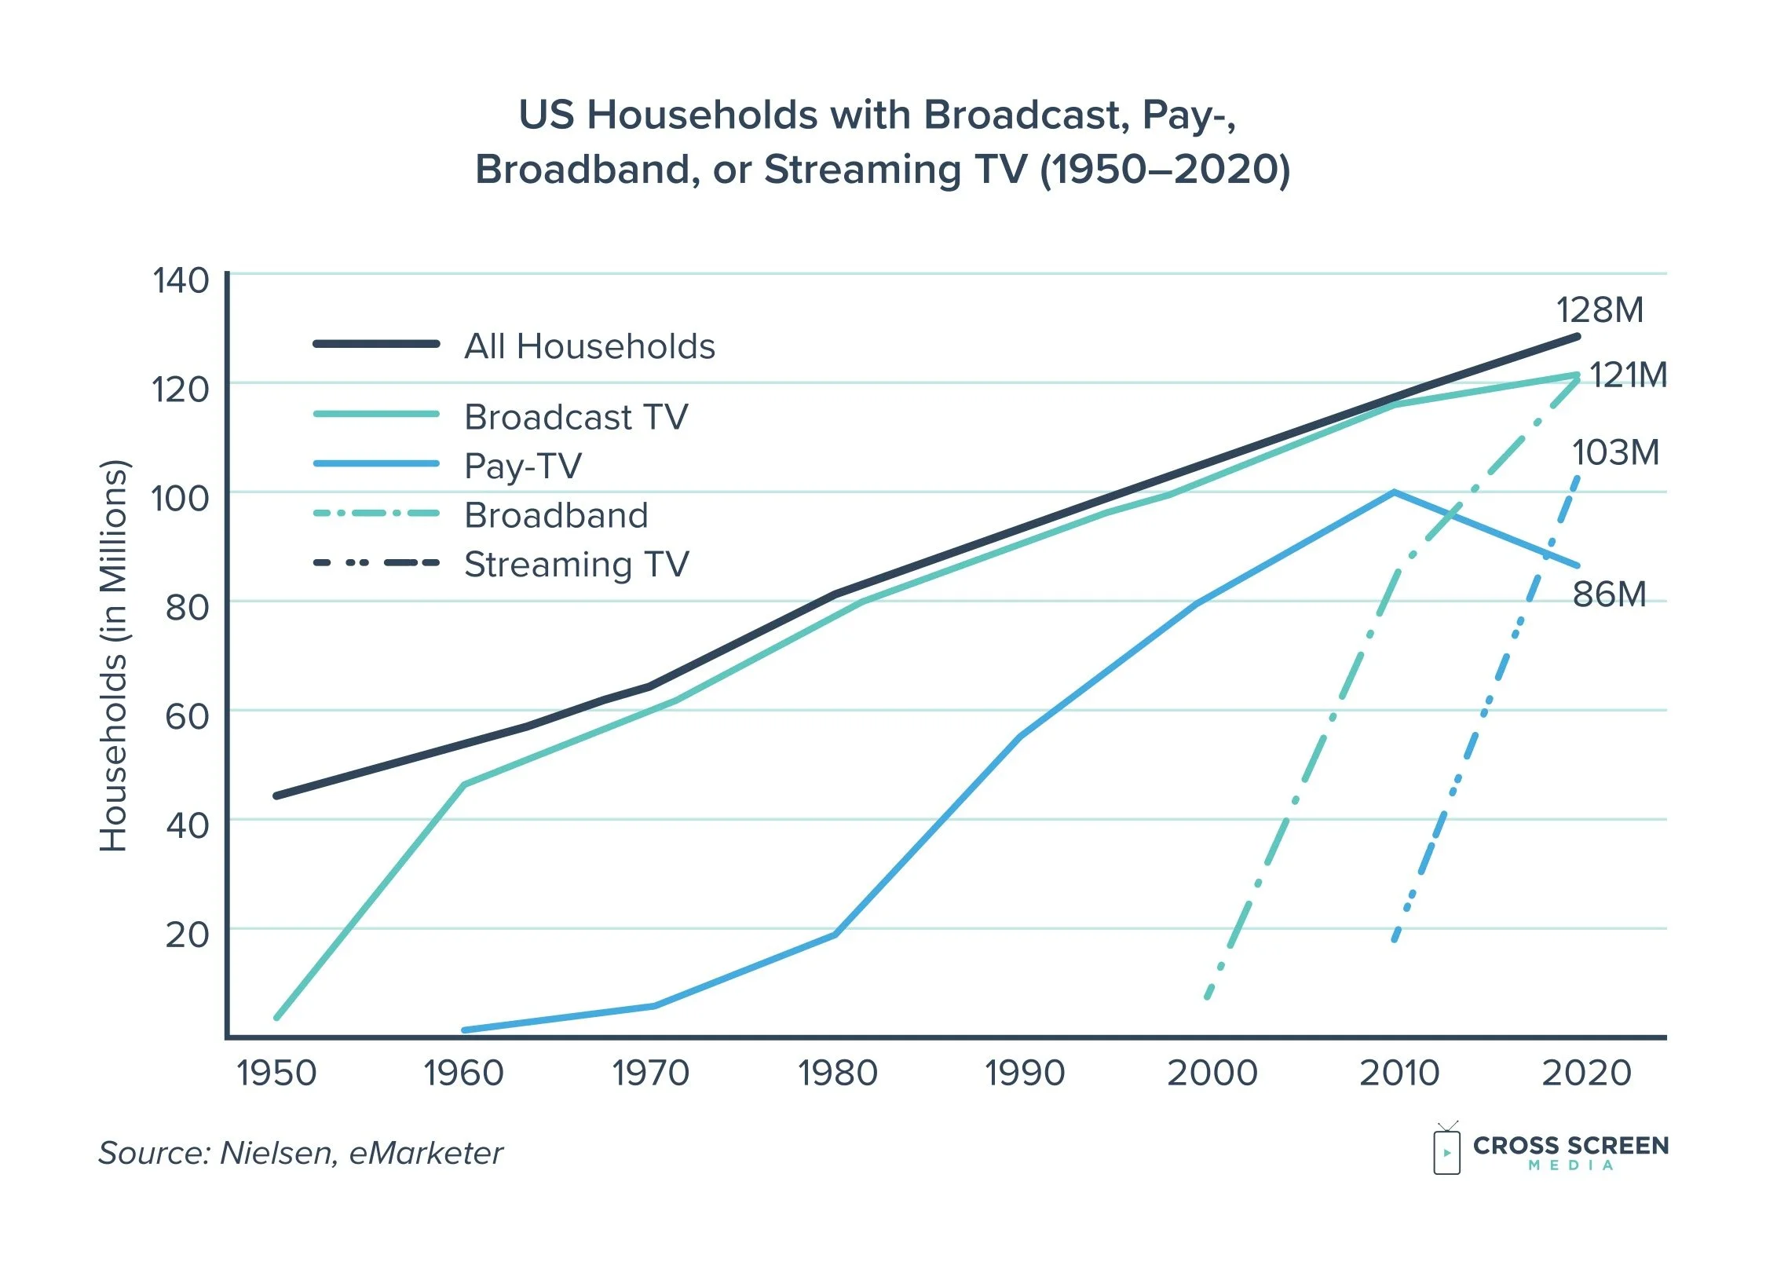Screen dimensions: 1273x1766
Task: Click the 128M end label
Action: tap(1600, 310)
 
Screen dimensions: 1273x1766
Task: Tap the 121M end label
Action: tap(1629, 375)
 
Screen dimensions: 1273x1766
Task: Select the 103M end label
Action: tap(1615, 453)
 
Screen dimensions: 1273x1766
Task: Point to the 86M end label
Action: tap(1609, 594)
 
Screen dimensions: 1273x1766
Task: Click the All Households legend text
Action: tap(590, 346)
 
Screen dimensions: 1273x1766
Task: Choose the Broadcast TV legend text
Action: tap(576, 417)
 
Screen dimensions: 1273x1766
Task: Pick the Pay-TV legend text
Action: tap(523, 466)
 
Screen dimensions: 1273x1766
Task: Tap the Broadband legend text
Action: tap(556, 516)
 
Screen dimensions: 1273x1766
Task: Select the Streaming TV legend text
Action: tap(576, 565)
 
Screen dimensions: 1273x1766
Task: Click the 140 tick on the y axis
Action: tap(181, 281)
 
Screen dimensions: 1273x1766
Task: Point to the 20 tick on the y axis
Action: tap(187, 935)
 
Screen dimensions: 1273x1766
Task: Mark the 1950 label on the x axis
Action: tap(276, 1074)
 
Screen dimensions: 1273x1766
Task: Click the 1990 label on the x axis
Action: tap(1025, 1074)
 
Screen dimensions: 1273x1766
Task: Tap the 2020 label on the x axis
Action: tap(1586, 1074)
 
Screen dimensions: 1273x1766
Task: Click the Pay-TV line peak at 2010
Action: tap(1394, 492)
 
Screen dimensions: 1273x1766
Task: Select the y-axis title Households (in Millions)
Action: tap(114, 656)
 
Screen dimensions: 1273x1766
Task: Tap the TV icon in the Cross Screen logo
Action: tap(1446, 1150)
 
